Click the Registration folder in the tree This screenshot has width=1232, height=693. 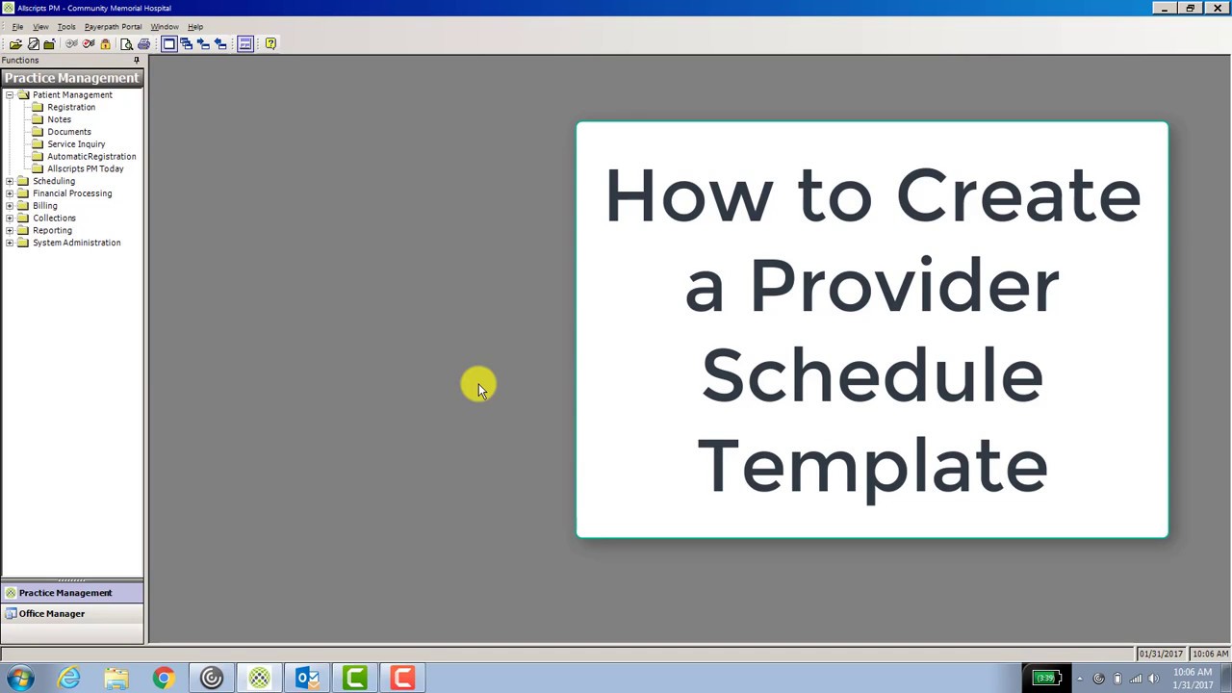[70, 107]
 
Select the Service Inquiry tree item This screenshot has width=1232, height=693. [76, 144]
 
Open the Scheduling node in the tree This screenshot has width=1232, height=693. [53, 181]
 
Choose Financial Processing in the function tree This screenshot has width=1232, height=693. [71, 193]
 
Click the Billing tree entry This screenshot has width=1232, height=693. [44, 206]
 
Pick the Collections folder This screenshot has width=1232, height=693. [54, 218]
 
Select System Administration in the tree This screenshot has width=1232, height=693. [76, 243]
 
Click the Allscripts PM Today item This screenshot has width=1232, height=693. [85, 168]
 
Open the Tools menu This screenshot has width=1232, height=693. [65, 27]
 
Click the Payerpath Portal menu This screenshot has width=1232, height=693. [113, 27]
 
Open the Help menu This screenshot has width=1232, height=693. [195, 27]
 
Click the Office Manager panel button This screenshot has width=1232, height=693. [52, 614]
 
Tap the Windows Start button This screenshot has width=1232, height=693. [20, 679]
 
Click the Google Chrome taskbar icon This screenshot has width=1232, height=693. [164, 679]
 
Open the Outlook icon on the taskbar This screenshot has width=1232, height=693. [307, 679]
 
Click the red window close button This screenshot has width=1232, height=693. [1217, 9]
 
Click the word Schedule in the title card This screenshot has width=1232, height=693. [872, 375]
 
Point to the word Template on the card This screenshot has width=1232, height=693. [872, 465]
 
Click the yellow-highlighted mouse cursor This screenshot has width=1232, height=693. [478, 385]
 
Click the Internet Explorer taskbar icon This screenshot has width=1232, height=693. [68, 679]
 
